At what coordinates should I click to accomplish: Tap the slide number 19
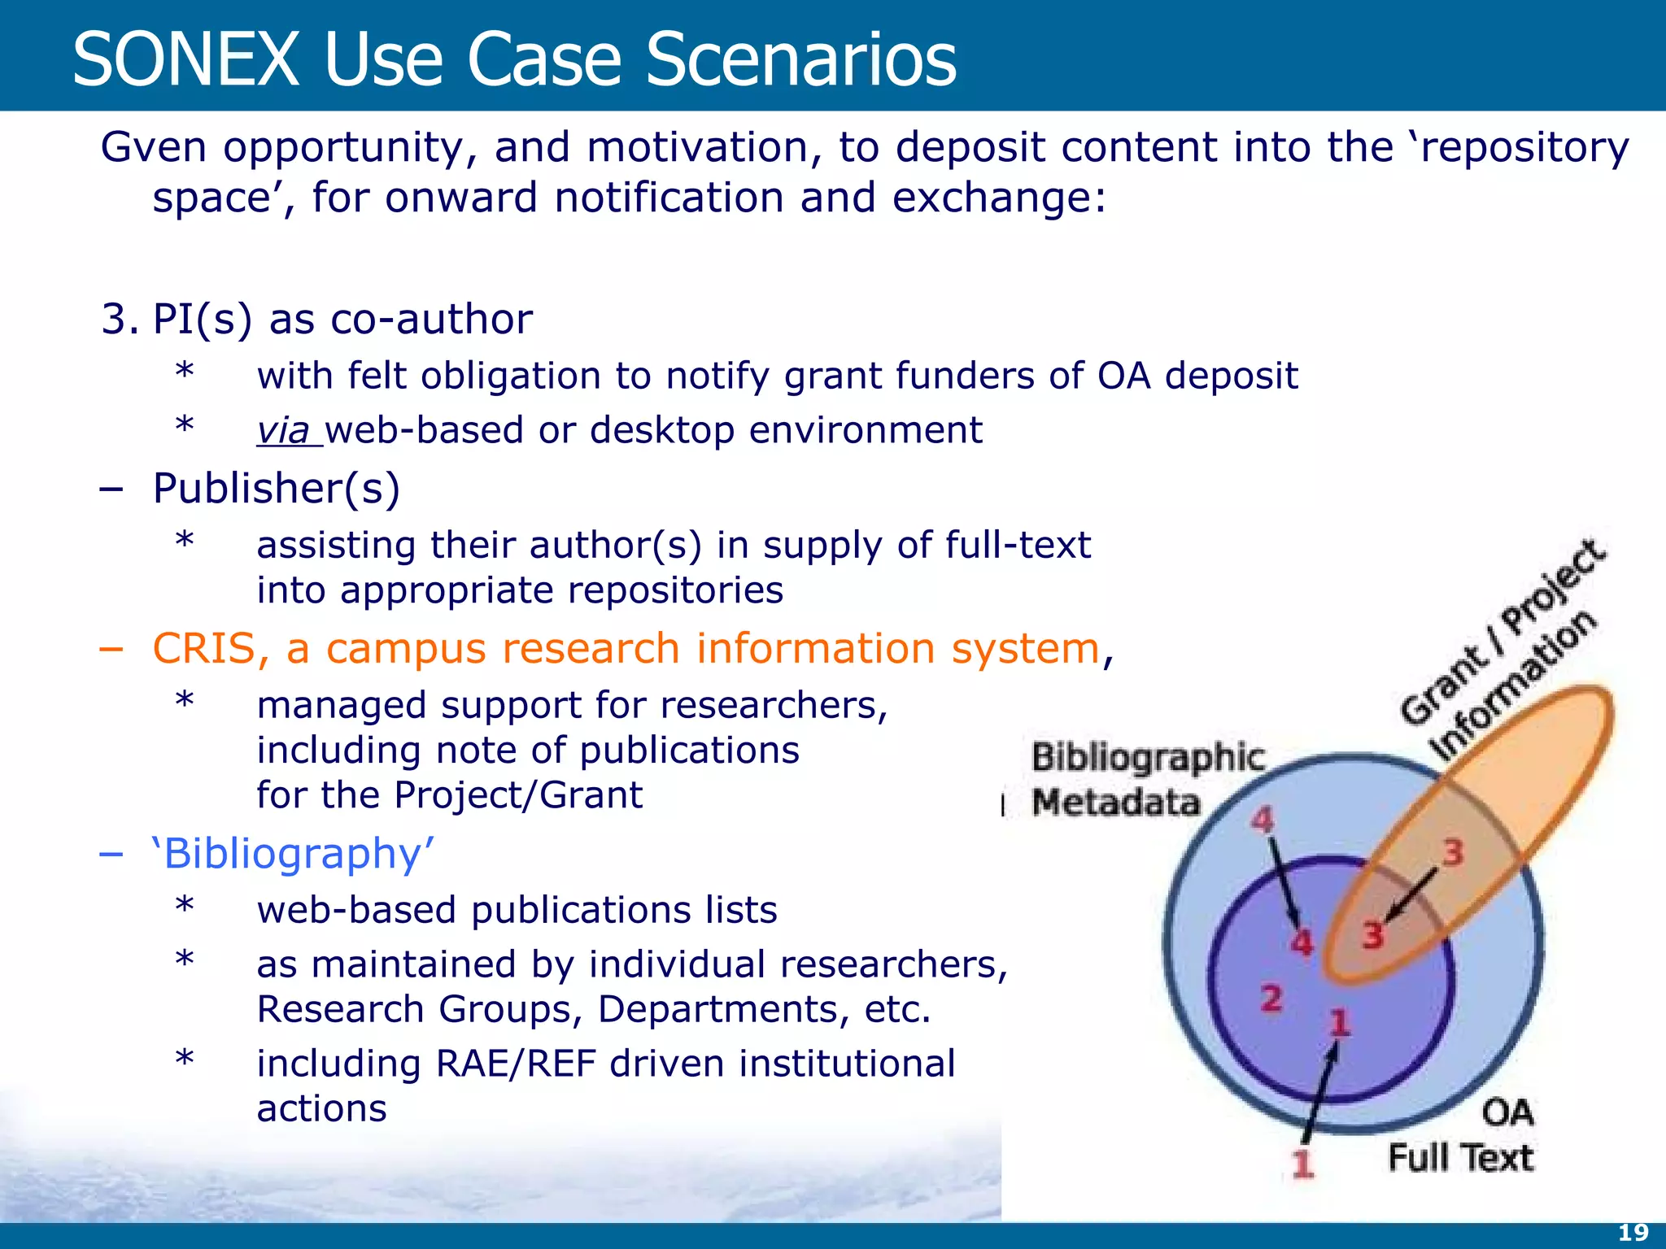point(1633,1233)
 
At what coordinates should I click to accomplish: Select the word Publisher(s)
point(277,489)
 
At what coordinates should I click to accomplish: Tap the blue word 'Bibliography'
point(293,854)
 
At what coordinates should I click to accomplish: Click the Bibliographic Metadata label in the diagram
point(1147,779)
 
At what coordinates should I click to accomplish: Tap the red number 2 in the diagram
point(1271,998)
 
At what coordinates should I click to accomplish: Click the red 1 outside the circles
point(1303,1164)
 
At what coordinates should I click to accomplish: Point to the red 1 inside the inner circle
point(1339,1022)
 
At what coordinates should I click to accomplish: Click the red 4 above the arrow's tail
point(1262,820)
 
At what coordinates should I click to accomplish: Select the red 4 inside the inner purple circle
point(1302,942)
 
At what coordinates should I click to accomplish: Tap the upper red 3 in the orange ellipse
point(1453,853)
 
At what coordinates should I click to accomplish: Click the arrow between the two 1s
point(1319,1094)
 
